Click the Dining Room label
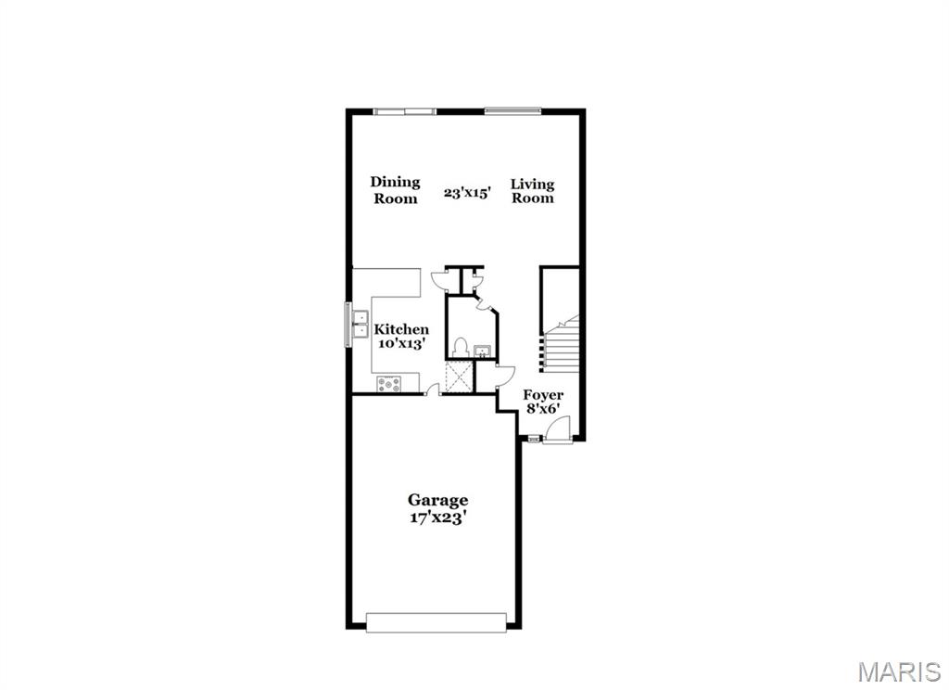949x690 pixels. pyautogui.click(x=396, y=190)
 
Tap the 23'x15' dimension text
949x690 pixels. pyautogui.click(x=460, y=194)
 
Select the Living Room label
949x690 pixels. pyautogui.click(x=532, y=190)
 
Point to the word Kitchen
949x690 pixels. pyautogui.click(x=401, y=329)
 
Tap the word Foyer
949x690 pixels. pyautogui.click(x=543, y=395)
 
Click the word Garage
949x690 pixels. pyautogui.click(x=438, y=501)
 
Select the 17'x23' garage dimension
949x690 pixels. pyautogui.click(x=438, y=517)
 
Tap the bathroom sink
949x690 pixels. pyautogui.click(x=483, y=351)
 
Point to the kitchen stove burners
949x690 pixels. pyautogui.click(x=388, y=382)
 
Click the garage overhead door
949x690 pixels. pyautogui.click(x=437, y=622)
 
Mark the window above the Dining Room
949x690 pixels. pyautogui.click(x=404, y=111)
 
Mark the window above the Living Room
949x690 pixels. pyautogui.click(x=512, y=111)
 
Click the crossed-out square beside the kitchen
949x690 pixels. pyautogui.click(x=459, y=377)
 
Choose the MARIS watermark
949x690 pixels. pyautogui.click(x=900, y=671)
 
